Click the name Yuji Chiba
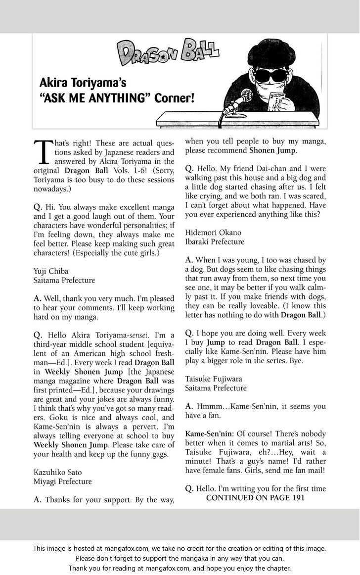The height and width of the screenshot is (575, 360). click(52, 271)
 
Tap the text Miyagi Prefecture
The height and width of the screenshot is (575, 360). click(62, 481)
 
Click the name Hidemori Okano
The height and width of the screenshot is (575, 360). click(214, 232)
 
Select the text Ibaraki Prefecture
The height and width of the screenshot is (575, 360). click(215, 241)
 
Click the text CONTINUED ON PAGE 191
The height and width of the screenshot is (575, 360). click(255, 498)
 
